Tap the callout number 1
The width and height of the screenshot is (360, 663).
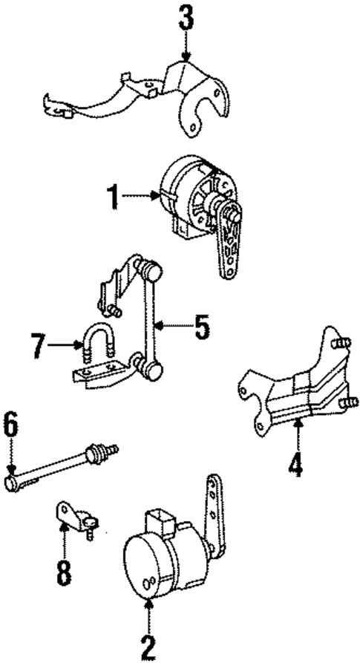point(113,197)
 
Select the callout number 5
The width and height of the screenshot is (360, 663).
point(201,327)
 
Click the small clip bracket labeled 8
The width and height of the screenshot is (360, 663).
point(73,515)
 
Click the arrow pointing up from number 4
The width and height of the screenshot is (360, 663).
point(296,434)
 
